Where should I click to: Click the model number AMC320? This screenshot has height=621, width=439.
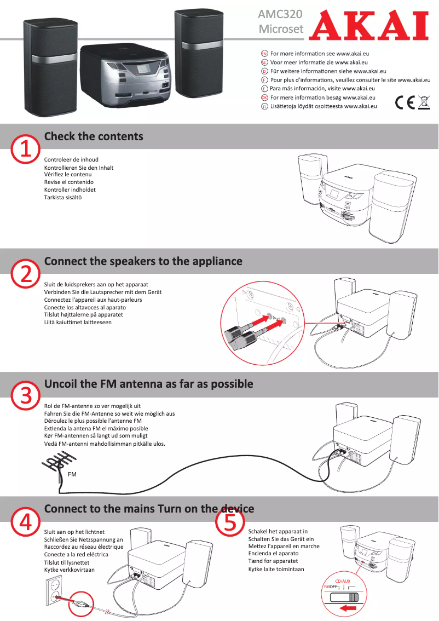(280, 14)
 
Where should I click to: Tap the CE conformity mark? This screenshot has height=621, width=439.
(405, 103)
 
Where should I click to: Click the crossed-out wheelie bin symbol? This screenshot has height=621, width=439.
(424, 102)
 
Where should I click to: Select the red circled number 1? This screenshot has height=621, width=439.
(25, 150)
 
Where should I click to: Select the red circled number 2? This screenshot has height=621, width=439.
(25, 274)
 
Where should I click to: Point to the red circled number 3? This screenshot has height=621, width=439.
(25, 395)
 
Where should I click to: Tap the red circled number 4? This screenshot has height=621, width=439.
(25, 521)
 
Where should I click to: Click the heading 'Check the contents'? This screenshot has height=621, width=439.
(94, 136)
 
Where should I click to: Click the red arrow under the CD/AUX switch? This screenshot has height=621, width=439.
(348, 608)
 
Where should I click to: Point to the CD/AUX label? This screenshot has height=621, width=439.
(343, 581)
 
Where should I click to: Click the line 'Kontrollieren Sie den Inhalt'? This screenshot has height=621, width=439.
(79, 168)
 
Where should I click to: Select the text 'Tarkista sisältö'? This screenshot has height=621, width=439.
(63, 197)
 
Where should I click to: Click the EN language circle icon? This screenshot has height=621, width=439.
(264, 54)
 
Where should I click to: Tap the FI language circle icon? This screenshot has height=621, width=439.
(264, 106)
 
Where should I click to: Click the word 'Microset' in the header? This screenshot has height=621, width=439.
(281, 29)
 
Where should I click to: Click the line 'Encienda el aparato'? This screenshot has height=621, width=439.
(274, 553)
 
